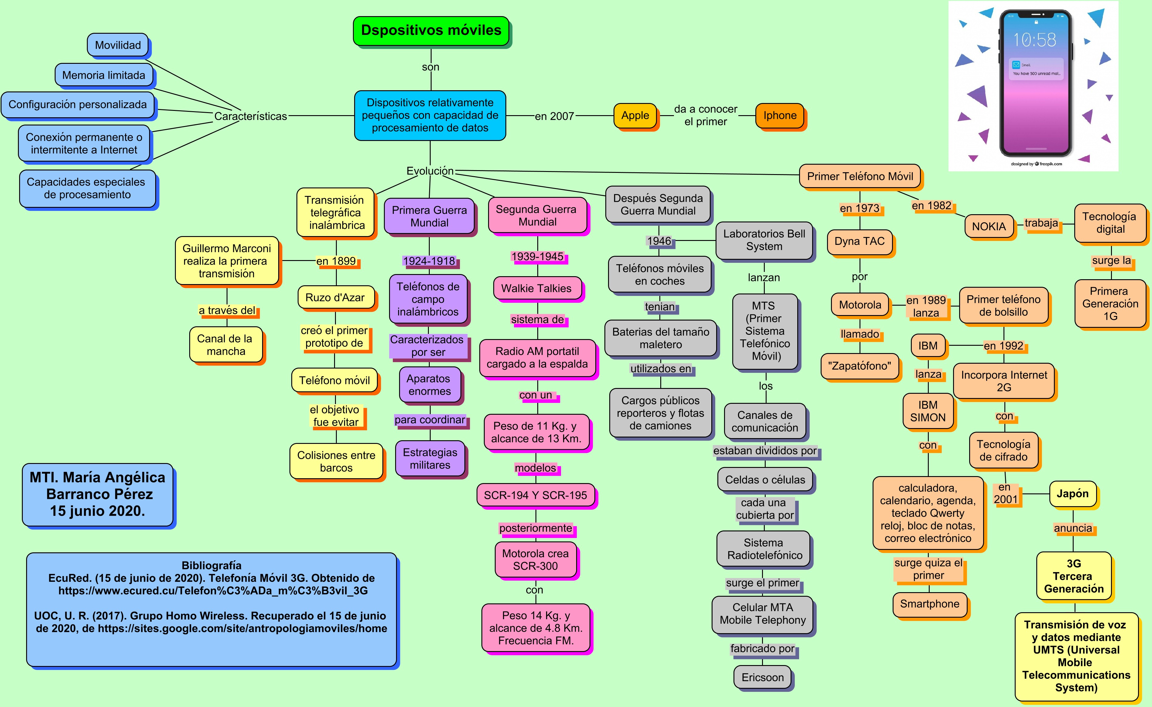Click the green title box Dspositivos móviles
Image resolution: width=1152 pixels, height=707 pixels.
[x=431, y=31]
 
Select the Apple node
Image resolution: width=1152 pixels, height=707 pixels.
[x=635, y=115]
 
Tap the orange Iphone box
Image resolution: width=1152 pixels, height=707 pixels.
[x=780, y=115]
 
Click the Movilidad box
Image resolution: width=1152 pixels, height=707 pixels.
[x=118, y=45]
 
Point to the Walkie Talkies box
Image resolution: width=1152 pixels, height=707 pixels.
[x=537, y=288]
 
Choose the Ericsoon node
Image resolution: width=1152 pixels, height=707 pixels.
[x=763, y=678]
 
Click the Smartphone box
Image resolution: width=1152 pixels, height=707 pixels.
[x=929, y=604]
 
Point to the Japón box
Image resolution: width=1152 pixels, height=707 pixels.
[x=1072, y=494]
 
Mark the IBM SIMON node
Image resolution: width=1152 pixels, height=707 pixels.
[x=928, y=411]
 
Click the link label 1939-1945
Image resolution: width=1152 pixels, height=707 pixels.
[x=538, y=256]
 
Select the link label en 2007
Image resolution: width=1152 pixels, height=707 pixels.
[x=555, y=116]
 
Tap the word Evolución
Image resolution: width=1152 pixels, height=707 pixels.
[x=430, y=171]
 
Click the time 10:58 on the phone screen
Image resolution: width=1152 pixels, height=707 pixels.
[x=1034, y=40]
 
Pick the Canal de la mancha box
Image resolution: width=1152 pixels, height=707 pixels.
[x=226, y=345]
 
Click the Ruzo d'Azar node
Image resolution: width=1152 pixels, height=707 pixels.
[x=336, y=297]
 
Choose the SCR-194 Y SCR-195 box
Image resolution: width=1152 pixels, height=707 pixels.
[x=535, y=495]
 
